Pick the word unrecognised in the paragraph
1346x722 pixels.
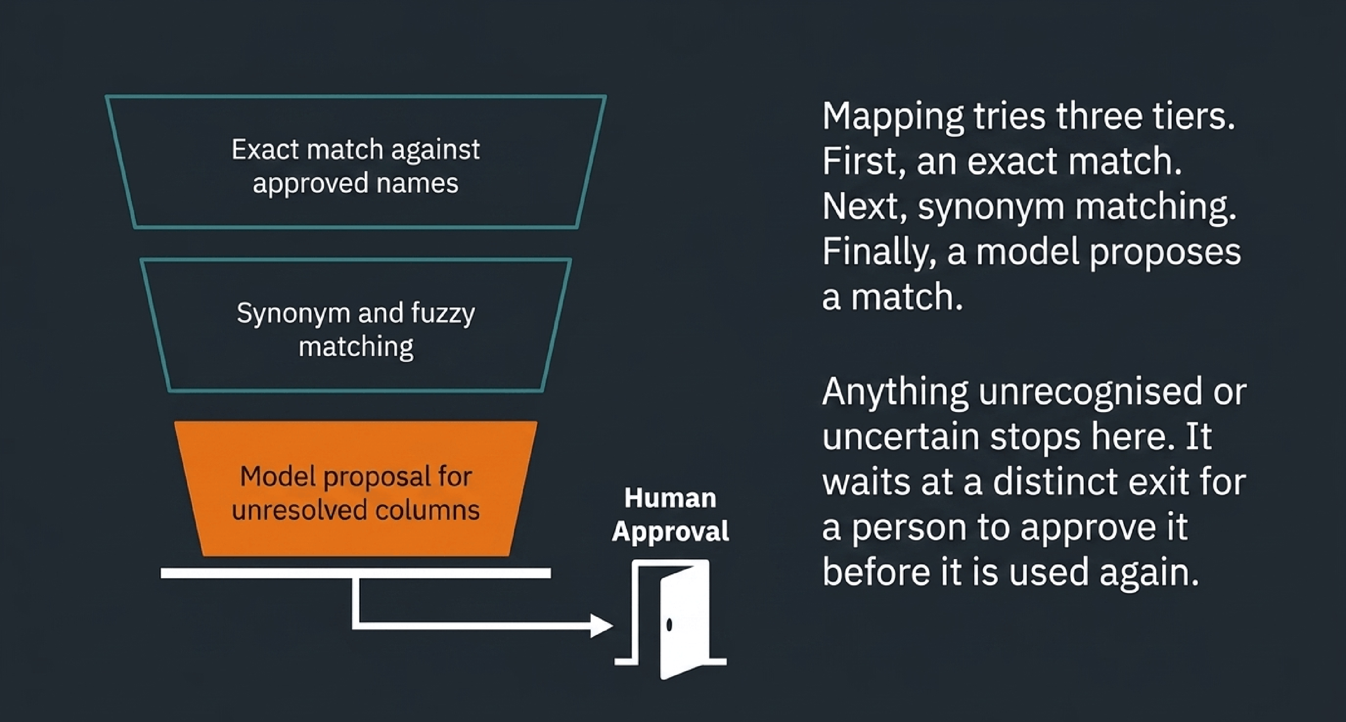coord(1090,392)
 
